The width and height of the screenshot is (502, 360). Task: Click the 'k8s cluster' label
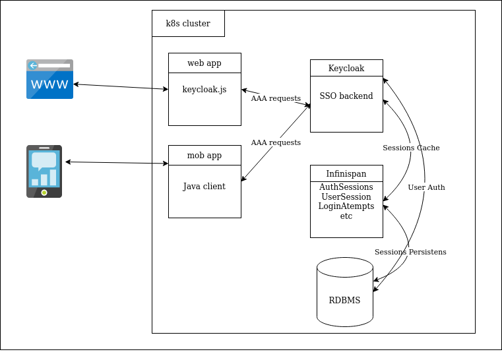pyautogui.click(x=188, y=24)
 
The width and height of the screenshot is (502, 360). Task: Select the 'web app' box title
pyautogui.click(x=204, y=63)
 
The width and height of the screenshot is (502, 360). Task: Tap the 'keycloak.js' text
pyautogui.click(x=204, y=89)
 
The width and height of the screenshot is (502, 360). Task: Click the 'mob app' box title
pyautogui.click(x=204, y=156)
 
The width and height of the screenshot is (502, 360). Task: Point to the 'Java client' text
pyautogui.click(x=204, y=187)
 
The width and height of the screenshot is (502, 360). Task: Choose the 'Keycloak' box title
pyautogui.click(x=346, y=69)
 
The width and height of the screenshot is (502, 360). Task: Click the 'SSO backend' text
pyautogui.click(x=346, y=96)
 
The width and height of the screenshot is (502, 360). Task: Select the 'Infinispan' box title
pyautogui.click(x=346, y=174)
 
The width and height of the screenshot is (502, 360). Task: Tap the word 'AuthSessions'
pyautogui.click(x=346, y=187)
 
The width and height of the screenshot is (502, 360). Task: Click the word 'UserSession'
pyautogui.click(x=346, y=197)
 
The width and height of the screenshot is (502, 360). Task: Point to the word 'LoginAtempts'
pyautogui.click(x=346, y=206)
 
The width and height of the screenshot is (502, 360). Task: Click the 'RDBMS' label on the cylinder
pyautogui.click(x=344, y=301)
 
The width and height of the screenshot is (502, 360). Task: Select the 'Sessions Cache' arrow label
pyautogui.click(x=411, y=148)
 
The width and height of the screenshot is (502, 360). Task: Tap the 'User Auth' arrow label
pyautogui.click(x=426, y=187)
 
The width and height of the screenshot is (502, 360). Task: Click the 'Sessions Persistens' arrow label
pyautogui.click(x=410, y=252)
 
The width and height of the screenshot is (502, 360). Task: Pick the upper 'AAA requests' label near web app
pyautogui.click(x=276, y=98)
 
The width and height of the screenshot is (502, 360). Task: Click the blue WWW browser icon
pyautogui.click(x=49, y=79)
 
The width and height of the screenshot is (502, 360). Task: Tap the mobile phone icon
pyautogui.click(x=44, y=171)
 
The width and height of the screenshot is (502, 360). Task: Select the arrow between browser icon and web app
pyautogui.click(x=121, y=87)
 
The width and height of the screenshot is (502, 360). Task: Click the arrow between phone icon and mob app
pyautogui.click(x=117, y=162)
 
